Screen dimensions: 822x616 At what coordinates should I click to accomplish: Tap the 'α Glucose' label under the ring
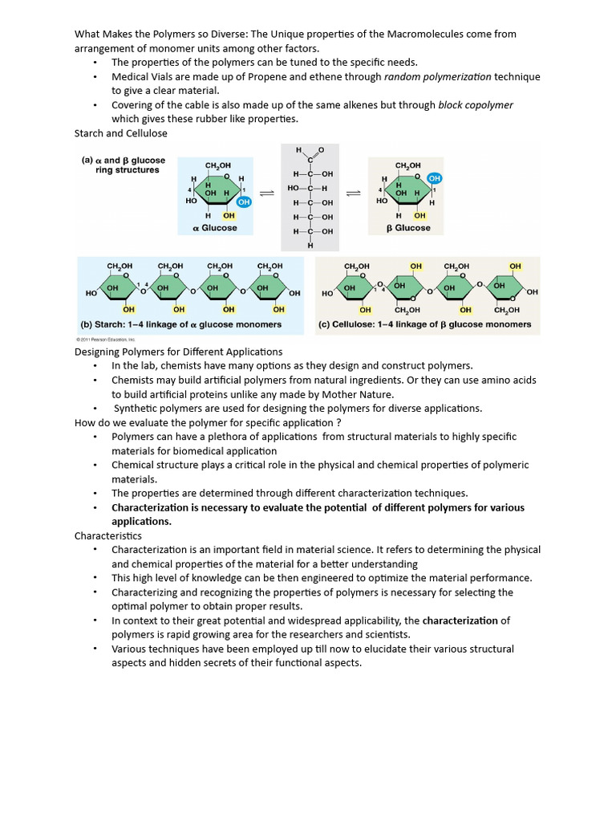(215, 228)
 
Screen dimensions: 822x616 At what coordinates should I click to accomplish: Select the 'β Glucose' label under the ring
(408, 228)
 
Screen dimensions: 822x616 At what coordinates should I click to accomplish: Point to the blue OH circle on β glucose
(434, 177)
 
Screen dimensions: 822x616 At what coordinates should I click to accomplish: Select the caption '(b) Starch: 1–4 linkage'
(182, 324)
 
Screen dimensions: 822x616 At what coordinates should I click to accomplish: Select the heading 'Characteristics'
(108, 535)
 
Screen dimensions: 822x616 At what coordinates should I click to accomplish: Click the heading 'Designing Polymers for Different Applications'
(179, 352)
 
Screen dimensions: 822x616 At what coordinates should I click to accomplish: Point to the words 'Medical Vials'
(140, 77)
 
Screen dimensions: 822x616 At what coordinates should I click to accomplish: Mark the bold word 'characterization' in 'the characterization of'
(460, 621)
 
